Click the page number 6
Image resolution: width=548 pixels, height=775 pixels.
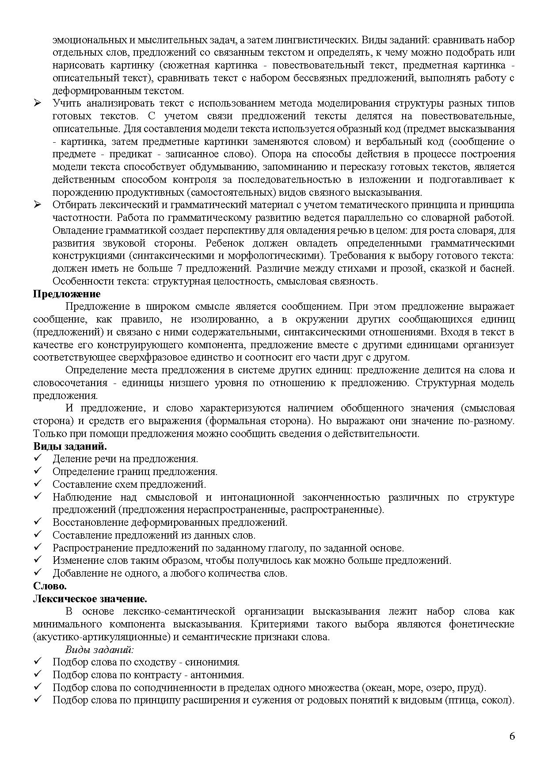[x=512, y=736]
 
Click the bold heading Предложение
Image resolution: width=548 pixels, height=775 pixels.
[x=67, y=294]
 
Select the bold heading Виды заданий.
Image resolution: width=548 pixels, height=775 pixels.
[x=70, y=446]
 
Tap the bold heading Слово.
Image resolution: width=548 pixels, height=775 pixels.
[x=49, y=586]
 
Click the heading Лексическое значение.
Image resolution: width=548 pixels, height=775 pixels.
[x=90, y=599]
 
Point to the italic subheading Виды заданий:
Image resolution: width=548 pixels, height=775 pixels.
[x=99, y=650]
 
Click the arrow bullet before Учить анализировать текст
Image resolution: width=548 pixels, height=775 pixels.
[x=38, y=103]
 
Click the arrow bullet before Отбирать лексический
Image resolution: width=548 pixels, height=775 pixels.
[x=38, y=205]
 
